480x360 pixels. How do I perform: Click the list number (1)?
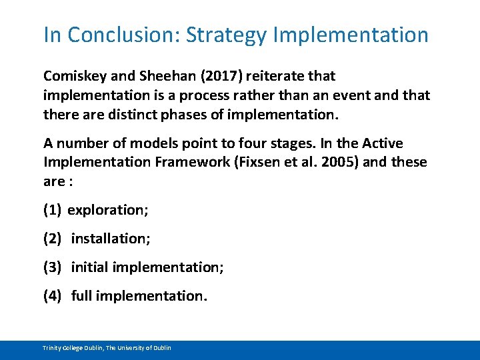[x=53, y=210]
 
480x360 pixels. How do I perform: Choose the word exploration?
[x=108, y=210]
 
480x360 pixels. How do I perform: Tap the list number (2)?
[x=53, y=239]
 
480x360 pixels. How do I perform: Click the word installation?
[x=111, y=239]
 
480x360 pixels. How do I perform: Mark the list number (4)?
[x=53, y=295]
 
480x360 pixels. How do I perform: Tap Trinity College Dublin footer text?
[x=107, y=348]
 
